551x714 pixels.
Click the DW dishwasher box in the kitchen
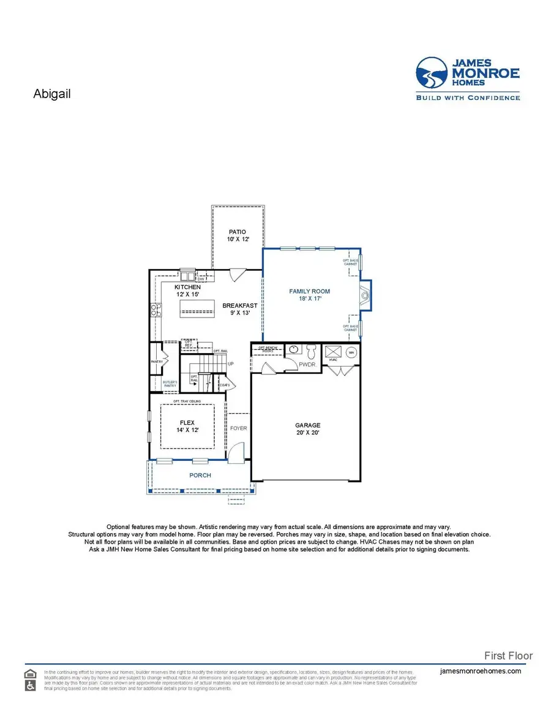(200, 279)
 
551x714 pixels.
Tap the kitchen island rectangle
(197, 311)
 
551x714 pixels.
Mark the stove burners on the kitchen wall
(155, 310)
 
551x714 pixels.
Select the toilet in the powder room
(310, 351)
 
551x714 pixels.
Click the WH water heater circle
(351, 352)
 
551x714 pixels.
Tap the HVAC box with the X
(333, 352)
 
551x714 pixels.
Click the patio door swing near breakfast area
(238, 273)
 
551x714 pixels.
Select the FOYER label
(239, 428)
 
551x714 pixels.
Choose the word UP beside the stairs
(231, 363)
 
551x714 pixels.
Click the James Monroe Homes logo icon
(433, 73)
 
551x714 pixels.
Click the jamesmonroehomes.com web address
(481, 671)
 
